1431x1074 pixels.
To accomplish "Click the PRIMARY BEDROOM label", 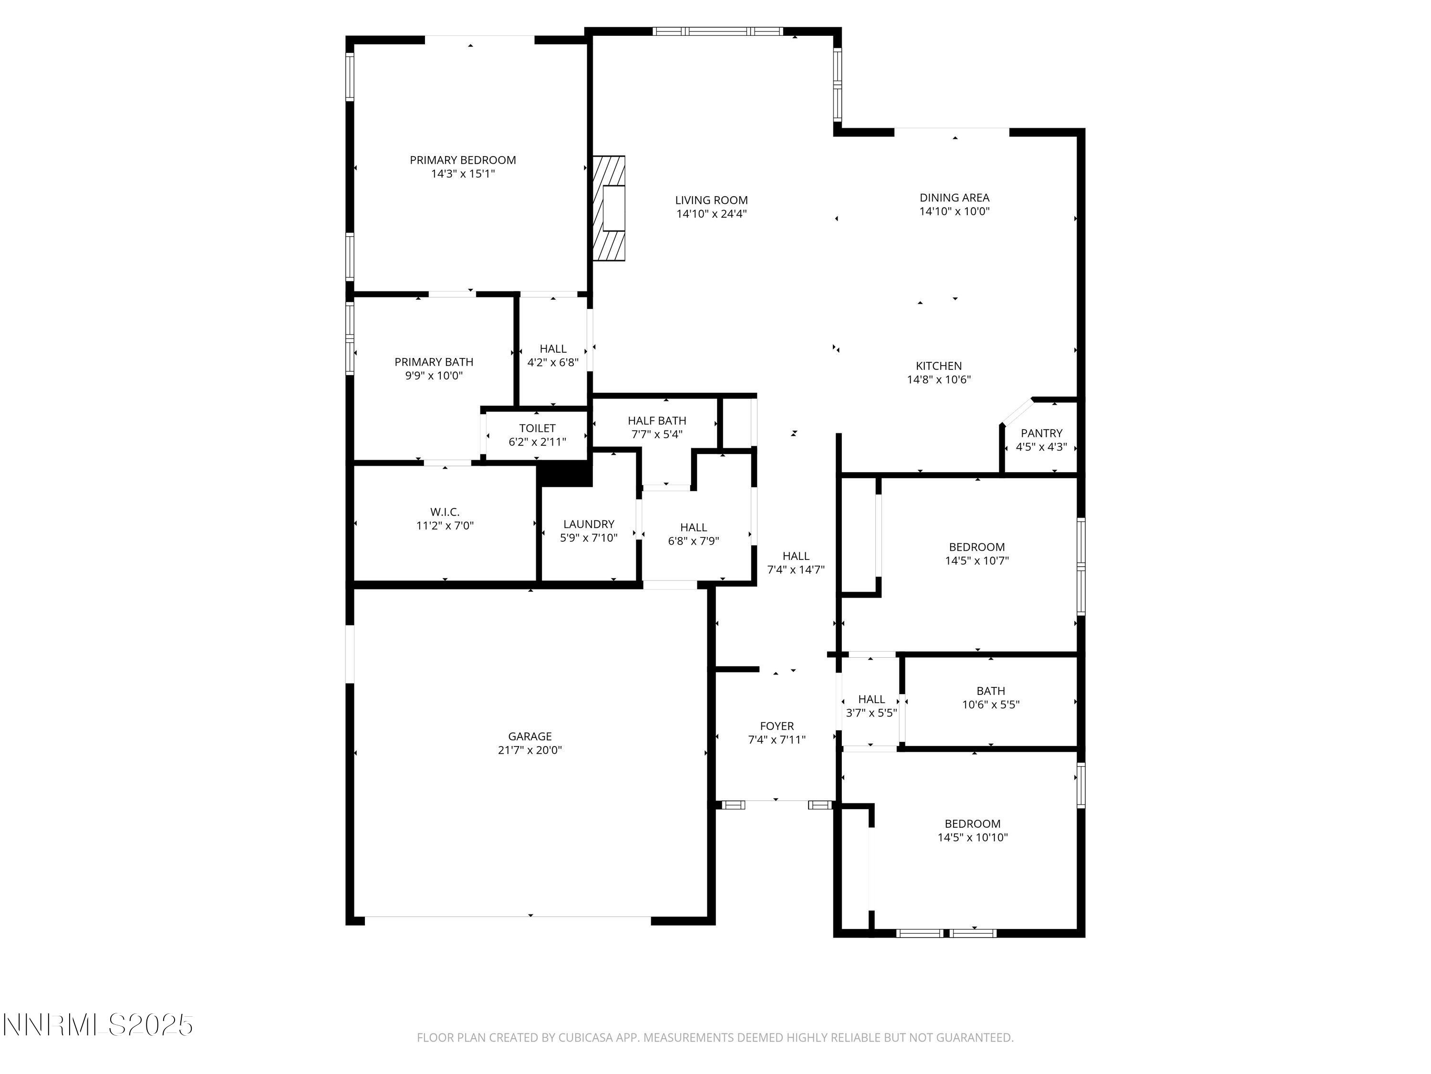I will coord(463,160).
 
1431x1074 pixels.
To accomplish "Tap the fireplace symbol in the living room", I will coord(610,208).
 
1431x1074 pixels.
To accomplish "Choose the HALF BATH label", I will coord(657,421).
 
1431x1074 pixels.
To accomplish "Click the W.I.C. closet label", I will coord(445,512).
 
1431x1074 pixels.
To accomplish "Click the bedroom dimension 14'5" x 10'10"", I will coord(972,837).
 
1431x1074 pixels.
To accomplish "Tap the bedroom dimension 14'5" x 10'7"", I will coord(976,561).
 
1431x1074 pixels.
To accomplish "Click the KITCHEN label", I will coord(938,366).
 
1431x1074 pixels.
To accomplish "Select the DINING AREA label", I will coord(954,198).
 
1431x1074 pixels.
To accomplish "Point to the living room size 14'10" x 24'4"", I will coord(711,214).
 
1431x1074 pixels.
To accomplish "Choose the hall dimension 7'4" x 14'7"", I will coord(795,569).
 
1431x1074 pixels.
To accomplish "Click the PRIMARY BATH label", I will coord(434,362).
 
